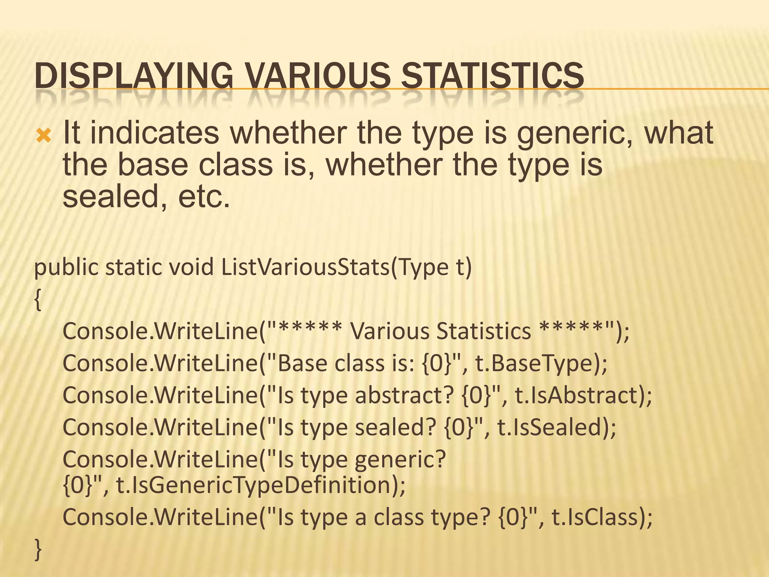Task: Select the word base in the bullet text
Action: coord(153,165)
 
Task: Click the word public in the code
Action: coord(66,268)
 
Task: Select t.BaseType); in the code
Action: coord(541,364)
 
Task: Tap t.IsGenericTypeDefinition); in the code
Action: coord(261,485)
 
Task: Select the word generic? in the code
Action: coord(400,460)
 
